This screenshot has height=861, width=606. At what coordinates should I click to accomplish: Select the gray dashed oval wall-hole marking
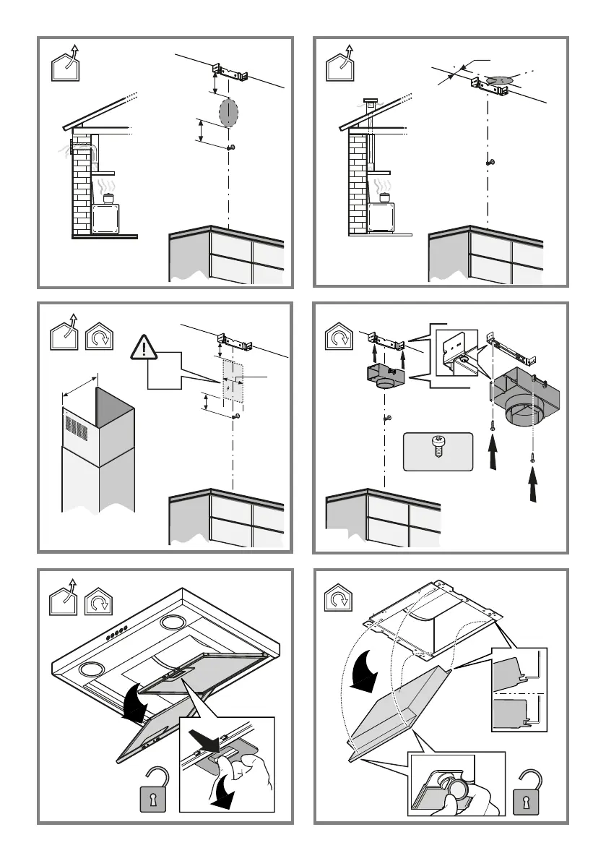(x=228, y=113)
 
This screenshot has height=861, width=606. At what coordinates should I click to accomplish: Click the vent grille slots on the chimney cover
(x=79, y=429)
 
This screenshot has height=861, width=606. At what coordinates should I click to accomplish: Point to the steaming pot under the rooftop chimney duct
(x=384, y=196)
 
